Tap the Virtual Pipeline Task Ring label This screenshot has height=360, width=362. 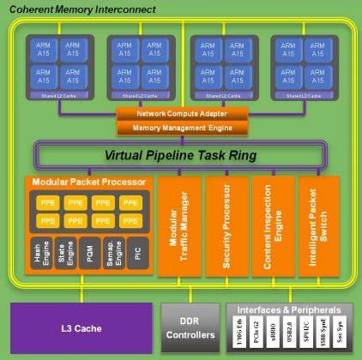(x=180, y=156)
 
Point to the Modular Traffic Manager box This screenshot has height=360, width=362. (x=178, y=225)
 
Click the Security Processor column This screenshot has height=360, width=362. (x=226, y=225)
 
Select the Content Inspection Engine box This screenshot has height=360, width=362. (x=271, y=225)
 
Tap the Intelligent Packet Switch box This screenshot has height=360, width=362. (x=317, y=225)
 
